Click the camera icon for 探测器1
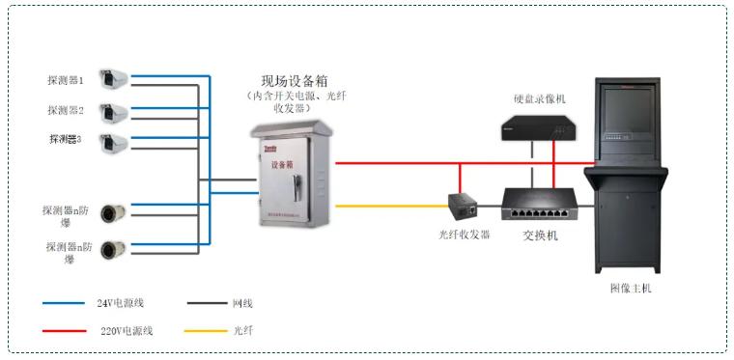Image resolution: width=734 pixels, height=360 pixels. [114, 79]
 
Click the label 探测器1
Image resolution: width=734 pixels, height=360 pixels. [66, 80]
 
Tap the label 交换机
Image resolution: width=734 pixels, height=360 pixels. [540, 235]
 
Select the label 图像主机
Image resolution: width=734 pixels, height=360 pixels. [630, 288]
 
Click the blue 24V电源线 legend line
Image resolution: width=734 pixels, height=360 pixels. [64, 304]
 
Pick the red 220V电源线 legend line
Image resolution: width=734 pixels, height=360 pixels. [64, 331]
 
